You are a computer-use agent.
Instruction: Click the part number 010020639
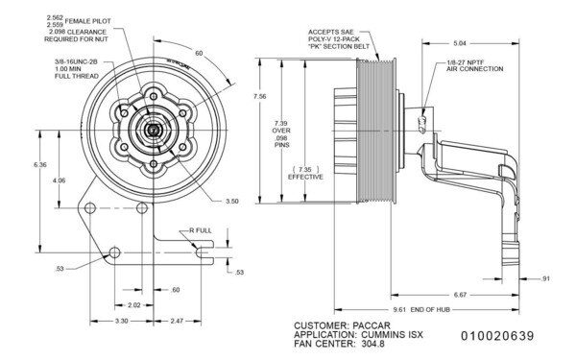504,337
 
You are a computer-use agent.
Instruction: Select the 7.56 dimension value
254,97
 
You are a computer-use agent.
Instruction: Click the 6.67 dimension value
461,296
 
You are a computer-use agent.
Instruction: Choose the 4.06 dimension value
60,180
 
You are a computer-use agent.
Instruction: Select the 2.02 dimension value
135,305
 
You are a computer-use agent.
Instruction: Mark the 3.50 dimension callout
231,204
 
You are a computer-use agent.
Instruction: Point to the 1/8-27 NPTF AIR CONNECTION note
469,67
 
